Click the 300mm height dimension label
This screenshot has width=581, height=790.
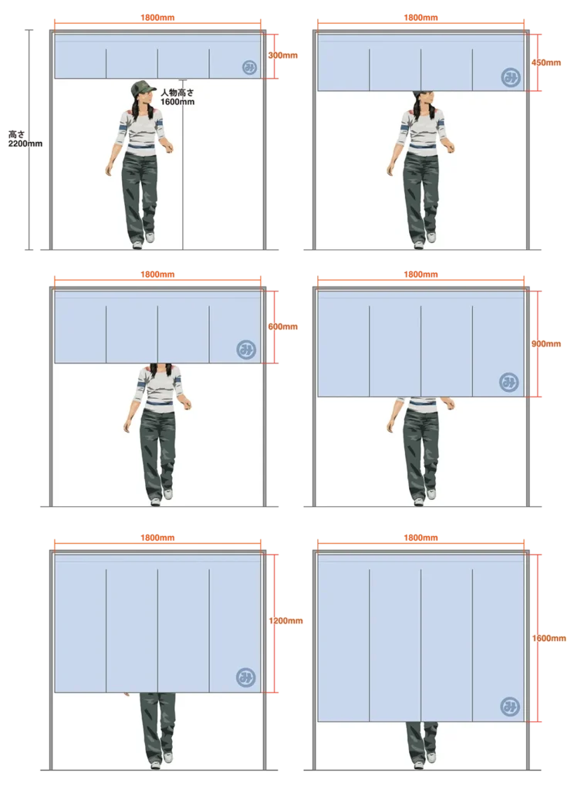point(282,56)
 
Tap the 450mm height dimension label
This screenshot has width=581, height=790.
point(546,62)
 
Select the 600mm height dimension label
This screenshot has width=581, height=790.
point(282,326)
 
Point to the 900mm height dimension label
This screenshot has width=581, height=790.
point(546,343)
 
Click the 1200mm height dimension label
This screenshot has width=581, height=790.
point(285,621)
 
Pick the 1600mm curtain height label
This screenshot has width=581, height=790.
point(549,638)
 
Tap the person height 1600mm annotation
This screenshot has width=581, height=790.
point(177,97)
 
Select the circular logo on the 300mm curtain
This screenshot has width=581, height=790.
point(249,68)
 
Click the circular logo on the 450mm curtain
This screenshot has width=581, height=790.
point(511,77)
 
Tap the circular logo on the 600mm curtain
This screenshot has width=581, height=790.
point(246,349)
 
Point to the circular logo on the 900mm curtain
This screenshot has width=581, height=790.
point(509,383)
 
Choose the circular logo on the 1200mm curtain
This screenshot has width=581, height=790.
point(246,677)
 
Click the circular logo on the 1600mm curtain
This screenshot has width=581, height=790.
point(510,707)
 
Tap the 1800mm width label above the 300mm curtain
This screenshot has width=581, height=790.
point(157,18)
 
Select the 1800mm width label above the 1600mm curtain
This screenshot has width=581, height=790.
point(421,538)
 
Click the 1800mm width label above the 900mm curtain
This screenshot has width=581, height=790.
point(421,275)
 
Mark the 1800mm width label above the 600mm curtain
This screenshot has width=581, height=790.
point(157,275)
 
